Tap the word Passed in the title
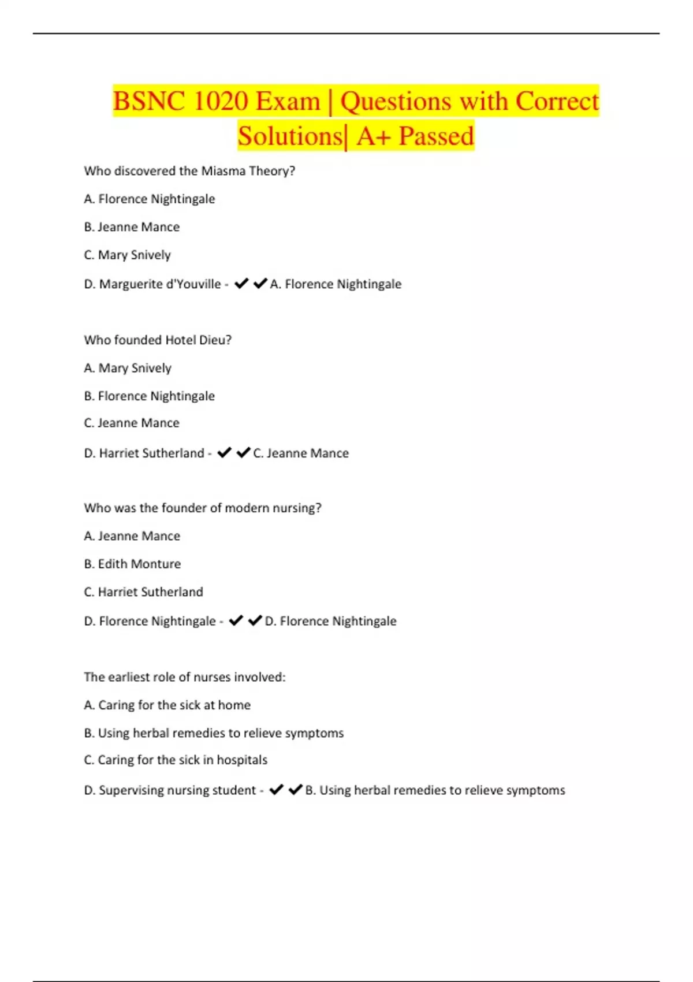(436, 136)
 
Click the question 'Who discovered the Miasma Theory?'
(189, 171)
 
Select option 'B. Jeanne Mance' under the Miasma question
(132, 227)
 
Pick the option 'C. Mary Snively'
(127, 255)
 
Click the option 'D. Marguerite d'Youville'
(152, 284)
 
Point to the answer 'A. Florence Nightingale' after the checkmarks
(336, 284)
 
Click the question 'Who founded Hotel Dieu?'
(158, 340)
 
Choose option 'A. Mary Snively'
(128, 368)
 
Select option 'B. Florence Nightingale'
(149, 396)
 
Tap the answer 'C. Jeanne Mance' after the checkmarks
(301, 453)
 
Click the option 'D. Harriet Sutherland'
(144, 453)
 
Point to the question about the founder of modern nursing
(203, 508)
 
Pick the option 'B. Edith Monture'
(132, 564)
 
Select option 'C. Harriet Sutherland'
(143, 592)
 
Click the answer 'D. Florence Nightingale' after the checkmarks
(330, 622)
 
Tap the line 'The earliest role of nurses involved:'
(185, 677)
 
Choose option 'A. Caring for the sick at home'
(167, 705)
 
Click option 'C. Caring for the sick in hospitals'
(176, 760)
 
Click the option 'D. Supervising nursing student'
(170, 790)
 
